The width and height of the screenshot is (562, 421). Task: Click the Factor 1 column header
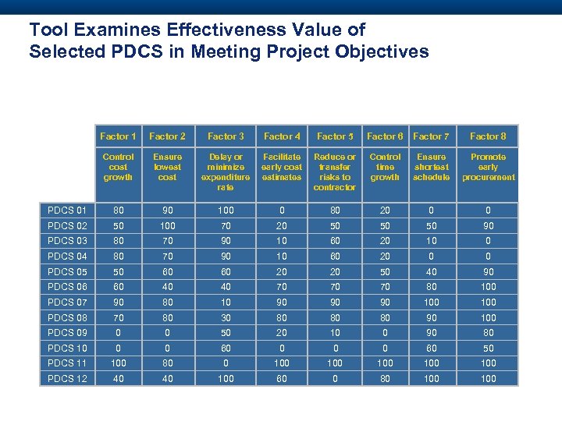119,136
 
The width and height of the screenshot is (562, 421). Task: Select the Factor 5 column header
335,136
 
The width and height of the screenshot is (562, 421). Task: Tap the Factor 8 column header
488,136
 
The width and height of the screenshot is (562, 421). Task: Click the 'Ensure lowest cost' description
167,167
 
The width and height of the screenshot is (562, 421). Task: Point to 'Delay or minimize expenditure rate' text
226,172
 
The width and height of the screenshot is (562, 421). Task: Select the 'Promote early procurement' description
488,167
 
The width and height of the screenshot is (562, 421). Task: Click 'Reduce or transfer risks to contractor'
335,172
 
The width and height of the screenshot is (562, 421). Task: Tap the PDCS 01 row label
67,210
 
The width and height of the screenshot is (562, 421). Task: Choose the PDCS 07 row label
67,302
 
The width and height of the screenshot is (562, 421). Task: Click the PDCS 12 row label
67,379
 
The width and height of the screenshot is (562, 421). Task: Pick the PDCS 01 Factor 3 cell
226,210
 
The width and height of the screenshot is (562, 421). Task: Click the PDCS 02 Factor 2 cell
167,226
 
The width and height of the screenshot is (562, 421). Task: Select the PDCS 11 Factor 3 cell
226,363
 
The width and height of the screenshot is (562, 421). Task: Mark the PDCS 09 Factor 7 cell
431,332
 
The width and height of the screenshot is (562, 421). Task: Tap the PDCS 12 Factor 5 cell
335,379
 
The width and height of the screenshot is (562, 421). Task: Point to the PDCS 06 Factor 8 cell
488,286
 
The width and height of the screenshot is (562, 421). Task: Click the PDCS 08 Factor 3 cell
226,317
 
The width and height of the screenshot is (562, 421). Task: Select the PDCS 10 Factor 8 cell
488,348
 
